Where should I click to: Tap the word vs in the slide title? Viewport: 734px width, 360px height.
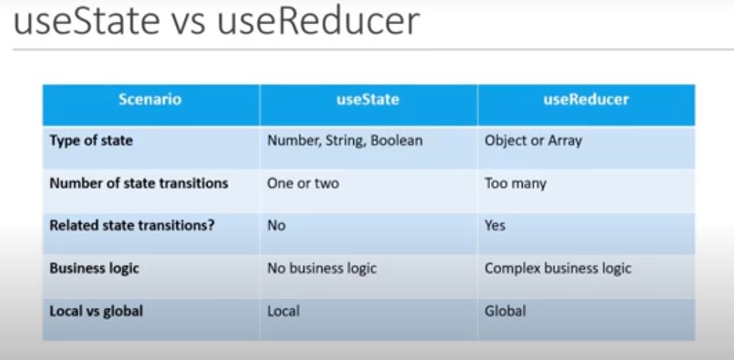pos(188,25)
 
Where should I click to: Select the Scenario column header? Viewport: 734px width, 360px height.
pos(150,100)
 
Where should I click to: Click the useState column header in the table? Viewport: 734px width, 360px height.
pos(368,100)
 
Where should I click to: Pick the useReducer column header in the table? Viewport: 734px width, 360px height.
pos(586,100)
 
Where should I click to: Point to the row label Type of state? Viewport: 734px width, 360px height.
pos(91,141)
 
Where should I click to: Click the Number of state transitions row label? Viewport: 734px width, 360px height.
pos(139,183)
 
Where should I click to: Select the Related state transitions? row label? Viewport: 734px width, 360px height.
pos(132,226)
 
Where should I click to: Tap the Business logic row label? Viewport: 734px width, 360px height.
pos(95,269)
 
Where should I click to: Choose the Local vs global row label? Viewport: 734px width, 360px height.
pos(96,311)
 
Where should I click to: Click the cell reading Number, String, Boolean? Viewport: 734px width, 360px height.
pos(344,141)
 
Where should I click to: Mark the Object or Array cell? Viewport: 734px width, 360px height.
pos(534,141)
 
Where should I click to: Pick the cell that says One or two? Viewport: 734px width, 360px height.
pos(303,183)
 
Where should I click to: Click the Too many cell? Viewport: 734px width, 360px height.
pos(515,184)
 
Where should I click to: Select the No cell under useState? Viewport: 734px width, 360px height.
pos(276,226)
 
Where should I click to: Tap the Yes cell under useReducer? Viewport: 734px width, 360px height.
pos(495,226)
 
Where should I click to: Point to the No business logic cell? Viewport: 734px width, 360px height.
pos(322,269)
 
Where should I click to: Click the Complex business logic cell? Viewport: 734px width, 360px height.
pos(558,269)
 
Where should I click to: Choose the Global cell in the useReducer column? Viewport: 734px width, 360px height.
pos(506,311)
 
